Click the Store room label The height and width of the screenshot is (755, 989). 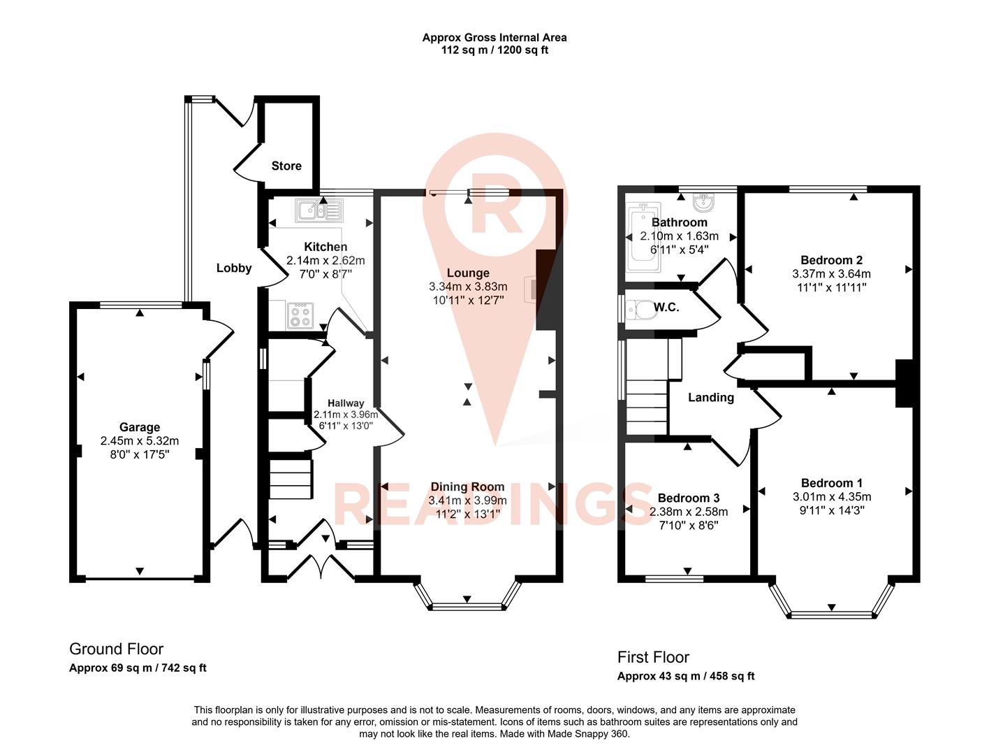point(286,166)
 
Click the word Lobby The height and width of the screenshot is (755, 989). point(233,268)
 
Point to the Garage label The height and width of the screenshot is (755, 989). point(140,427)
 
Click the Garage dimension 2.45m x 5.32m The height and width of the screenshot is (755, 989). point(140,441)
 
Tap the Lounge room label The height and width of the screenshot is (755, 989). point(468,273)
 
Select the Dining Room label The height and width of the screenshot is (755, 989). point(467,487)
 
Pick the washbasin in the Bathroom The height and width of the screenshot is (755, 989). point(703,203)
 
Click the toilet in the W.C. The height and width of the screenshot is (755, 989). point(638,308)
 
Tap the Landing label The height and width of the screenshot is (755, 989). point(711,397)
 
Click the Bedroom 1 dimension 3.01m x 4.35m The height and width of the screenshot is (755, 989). point(831,497)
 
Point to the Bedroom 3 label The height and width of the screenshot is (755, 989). point(689,498)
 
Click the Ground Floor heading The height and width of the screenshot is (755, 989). point(117,649)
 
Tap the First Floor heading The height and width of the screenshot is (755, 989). point(653,657)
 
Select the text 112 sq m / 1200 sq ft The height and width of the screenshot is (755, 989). point(494,50)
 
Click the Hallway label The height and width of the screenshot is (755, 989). point(346,403)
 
